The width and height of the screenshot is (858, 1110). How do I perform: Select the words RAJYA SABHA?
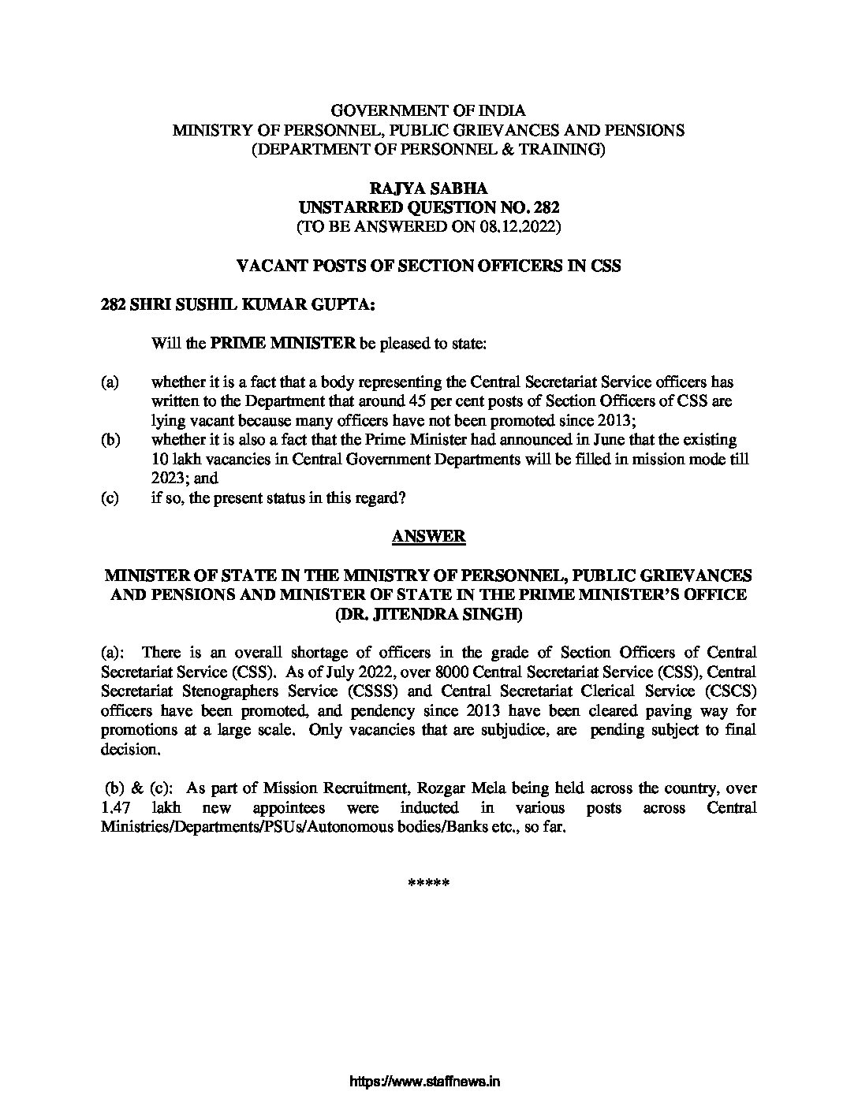[x=428, y=189]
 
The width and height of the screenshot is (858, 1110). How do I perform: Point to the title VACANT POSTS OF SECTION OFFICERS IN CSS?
[x=429, y=266]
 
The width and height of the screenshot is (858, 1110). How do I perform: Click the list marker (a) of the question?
[x=110, y=382]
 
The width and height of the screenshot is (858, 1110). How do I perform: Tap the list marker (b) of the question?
[x=110, y=439]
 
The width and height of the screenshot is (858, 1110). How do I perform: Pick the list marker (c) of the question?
[x=110, y=497]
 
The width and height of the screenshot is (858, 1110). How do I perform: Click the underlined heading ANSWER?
[x=428, y=537]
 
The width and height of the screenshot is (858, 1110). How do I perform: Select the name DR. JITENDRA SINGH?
[x=429, y=613]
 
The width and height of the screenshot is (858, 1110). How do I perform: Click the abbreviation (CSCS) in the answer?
[x=729, y=691]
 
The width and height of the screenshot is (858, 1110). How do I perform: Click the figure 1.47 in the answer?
[x=117, y=808]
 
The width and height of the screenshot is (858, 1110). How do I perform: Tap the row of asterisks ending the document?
[x=428, y=883]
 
